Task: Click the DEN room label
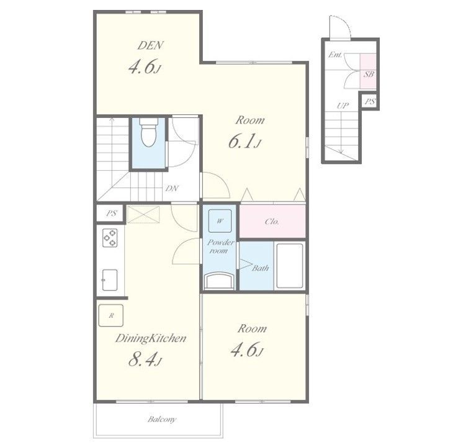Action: (151, 45)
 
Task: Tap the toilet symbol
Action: (148, 132)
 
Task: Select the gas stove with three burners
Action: (110, 238)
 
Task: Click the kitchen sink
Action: (110, 280)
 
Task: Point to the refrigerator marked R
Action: (111, 315)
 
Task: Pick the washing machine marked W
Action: (220, 221)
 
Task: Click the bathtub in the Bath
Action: (289, 266)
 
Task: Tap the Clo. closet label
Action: (272, 222)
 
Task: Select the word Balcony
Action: (162, 419)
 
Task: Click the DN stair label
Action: (172, 188)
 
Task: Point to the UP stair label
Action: (343, 106)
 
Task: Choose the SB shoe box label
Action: (369, 74)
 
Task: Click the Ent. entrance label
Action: (335, 55)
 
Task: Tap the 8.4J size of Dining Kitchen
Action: (145, 359)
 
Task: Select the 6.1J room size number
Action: (244, 142)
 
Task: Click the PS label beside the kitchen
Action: (112, 214)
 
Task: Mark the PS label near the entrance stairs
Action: (370, 101)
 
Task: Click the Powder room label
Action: (220, 246)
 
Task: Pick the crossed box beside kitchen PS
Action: (143, 214)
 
